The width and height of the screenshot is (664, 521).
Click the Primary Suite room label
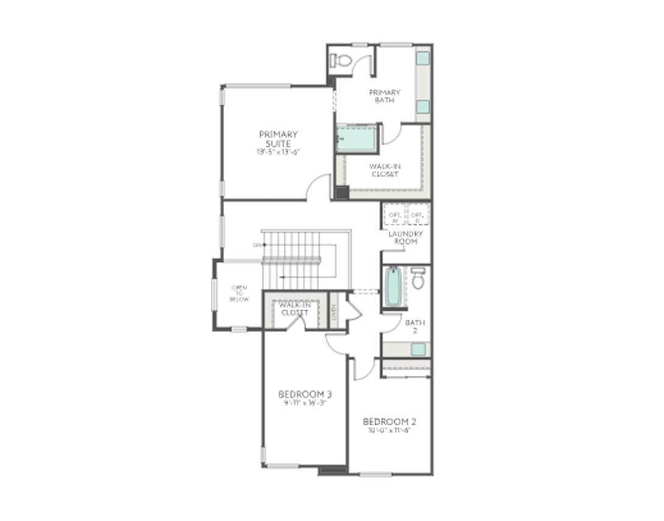click(278, 139)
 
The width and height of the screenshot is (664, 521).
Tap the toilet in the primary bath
click(341, 60)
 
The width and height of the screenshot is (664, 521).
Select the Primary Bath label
click(384, 96)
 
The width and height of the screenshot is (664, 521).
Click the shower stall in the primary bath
click(357, 139)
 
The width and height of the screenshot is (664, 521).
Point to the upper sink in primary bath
click(423, 58)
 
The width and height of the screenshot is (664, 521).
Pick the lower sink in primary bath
click(423, 107)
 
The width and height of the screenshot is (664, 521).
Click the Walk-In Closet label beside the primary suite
click(384, 170)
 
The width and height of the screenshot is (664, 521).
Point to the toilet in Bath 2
click(418, 279)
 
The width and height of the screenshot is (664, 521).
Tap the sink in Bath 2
click(418, 349)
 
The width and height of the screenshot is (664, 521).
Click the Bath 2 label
click(415, 327)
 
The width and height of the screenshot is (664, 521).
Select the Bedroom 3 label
click(305, 394)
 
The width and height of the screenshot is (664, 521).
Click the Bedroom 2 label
click(389, 422)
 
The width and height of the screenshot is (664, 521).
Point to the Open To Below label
click(239, 293)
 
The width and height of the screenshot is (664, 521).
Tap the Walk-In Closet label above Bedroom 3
click(294, 309)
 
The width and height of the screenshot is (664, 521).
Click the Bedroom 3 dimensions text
click(305, 403)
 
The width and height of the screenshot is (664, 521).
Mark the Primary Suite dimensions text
click(278, 152)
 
